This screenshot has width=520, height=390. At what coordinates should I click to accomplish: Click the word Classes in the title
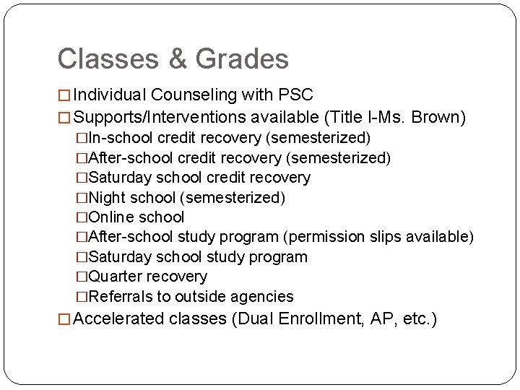[x=97, y=59]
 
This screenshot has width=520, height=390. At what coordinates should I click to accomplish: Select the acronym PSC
[x=296, y=95]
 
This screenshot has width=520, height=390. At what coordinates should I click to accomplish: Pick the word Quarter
[x=115, y=277]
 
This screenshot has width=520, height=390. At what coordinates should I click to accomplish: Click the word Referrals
[x=118, y=296]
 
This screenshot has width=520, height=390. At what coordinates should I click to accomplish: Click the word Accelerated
[x=119, y=319]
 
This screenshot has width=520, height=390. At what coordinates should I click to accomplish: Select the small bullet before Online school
[x=82, y=217]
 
